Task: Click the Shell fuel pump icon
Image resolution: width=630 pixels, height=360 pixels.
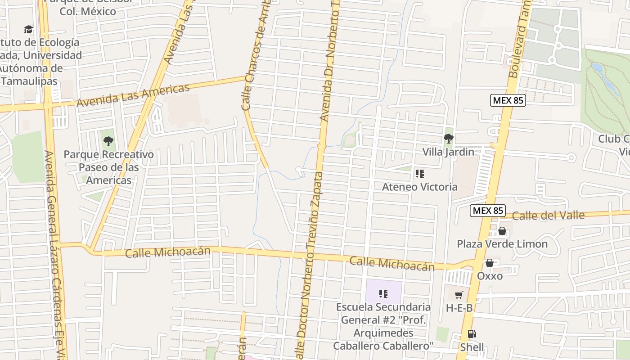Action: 472,334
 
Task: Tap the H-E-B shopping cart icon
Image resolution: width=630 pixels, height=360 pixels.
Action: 459,295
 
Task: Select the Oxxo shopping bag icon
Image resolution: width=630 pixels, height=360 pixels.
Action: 490,263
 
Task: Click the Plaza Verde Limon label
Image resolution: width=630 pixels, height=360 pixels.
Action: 502,244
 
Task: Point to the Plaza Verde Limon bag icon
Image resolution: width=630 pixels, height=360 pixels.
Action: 502,231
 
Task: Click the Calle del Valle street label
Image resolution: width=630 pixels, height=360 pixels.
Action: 548,216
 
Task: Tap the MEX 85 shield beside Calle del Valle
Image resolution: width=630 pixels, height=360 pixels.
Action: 488,210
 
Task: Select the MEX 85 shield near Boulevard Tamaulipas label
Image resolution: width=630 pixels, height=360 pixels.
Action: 508,100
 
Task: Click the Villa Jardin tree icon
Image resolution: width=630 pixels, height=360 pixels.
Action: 448,139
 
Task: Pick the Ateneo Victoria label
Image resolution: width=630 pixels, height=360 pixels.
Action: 419,187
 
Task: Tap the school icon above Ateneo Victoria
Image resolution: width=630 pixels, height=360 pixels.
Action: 419,174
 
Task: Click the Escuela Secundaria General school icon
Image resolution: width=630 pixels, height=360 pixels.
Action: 383,294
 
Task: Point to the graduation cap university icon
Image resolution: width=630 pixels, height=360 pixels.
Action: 29,30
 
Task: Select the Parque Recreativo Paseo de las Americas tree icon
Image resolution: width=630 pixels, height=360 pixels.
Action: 108,141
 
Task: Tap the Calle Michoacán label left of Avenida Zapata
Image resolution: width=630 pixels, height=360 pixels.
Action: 167,252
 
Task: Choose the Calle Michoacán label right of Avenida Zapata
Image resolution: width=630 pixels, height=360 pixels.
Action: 392,264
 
